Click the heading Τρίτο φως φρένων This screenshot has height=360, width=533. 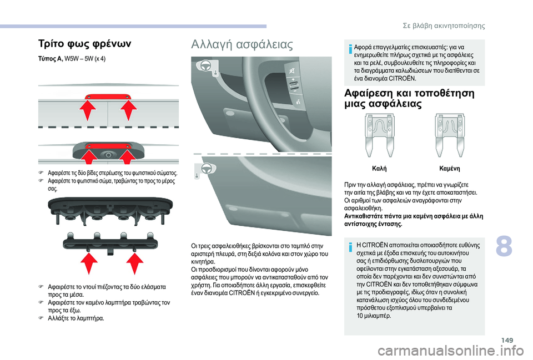click(84, 44)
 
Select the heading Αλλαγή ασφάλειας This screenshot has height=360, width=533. click(242, 44)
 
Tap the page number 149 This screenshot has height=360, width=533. click(507, 340)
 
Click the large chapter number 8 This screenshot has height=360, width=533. click(504, 246)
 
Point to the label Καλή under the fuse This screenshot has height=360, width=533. click(379, 168)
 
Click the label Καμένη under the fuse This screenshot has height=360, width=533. click(449, 168)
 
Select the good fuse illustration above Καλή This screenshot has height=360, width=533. click(379, 135)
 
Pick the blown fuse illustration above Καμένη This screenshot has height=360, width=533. click(449, 135)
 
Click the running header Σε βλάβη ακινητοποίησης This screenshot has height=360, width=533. click(444, 26)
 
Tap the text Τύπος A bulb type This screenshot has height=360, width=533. click(51, 59)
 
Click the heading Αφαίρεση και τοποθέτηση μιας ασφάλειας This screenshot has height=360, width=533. click(409, 98)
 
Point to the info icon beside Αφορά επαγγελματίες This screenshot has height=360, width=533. click(350, 49)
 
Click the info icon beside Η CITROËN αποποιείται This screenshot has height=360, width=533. click(350, 247)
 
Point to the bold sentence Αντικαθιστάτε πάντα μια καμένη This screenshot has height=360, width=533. click(414, 220)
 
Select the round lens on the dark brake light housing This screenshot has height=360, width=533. click(108, 155)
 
